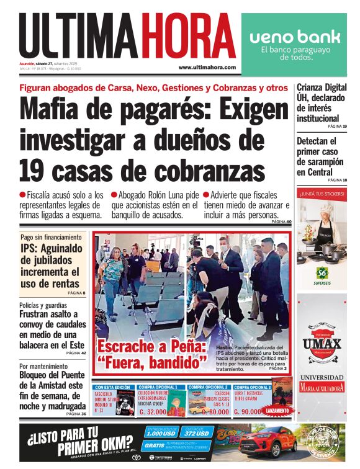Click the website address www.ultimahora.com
click(x=207, y=67)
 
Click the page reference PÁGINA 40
click(x=281, y=221)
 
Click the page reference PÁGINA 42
click(x=76, y=352)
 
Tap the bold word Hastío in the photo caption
click(x=223, y=347)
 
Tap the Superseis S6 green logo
click(x=322, y=272)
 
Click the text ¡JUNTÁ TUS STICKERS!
click(x=322, y=194)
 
